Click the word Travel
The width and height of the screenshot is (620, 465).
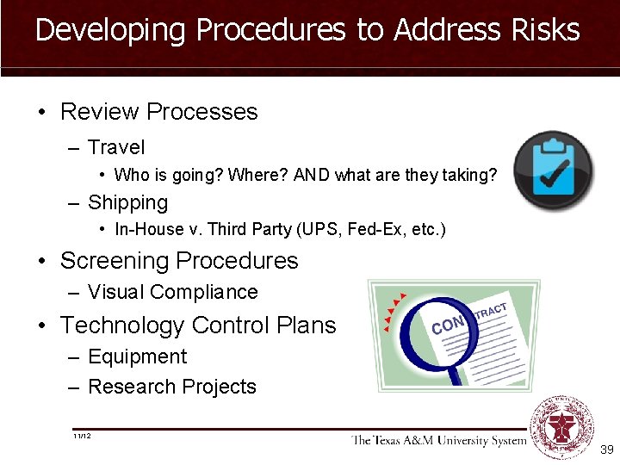pyautogui.click(x=116, y=148)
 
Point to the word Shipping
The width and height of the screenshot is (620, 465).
pyautogui.click(x=127, y=203)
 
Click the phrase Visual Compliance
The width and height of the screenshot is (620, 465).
pyautogui.click(x=172, y=293)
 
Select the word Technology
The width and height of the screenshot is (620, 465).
pyautogui.click(x=121, y=325)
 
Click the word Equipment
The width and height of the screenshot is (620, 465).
pyautogui.click(x=137, y=356)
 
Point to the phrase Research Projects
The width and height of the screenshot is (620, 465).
pyautogui.click(x=172, y=387)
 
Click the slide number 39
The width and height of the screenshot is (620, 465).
pyautogui.click(x=606, y=449)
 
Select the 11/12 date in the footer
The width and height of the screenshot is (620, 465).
pyautogui.click(x=83, y=437)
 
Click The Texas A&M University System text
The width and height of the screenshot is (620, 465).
pyautogui.click(x=437, y=441)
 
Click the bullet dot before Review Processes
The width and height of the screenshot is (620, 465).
pyautogui.click(x=41, y=112)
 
